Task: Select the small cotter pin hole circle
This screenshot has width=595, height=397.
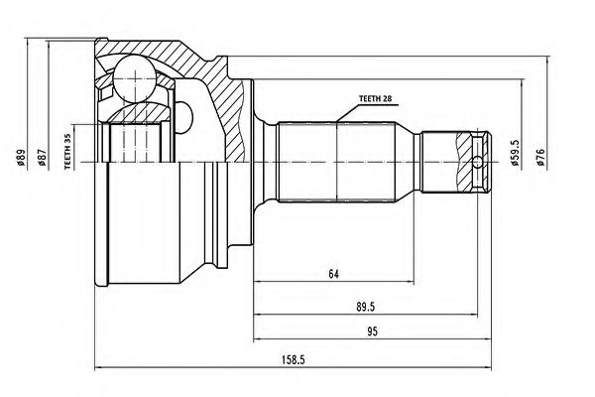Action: pyautogui.click(x=479, y=161)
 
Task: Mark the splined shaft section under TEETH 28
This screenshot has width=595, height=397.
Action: pyautogui.click(x=337, y=161)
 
